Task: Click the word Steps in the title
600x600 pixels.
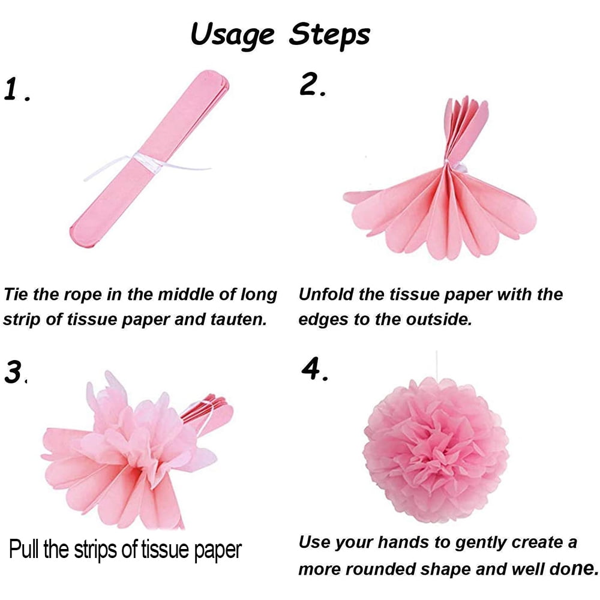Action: [x=330, y=34]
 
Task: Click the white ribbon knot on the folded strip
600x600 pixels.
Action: [x=145, y=161]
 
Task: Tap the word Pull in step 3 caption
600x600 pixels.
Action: [x=23, y=550]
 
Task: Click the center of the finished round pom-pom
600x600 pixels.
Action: [x=436, y=451]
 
